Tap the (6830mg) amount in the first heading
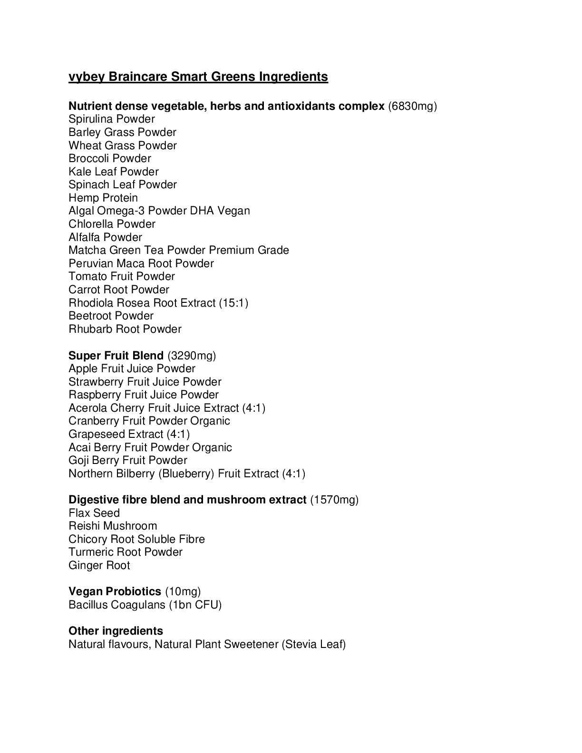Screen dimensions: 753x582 (412, 106)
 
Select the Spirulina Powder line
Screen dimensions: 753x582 (112, 119)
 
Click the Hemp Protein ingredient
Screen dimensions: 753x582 (103, 198)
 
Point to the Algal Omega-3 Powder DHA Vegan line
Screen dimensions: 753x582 (159, 211)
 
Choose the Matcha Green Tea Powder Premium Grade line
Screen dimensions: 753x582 (179, 251)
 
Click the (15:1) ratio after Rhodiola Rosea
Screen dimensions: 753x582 (233, 303)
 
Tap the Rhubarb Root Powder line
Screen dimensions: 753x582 (125, 329)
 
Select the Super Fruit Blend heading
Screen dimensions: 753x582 (116, 356)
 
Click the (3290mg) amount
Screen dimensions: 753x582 (192, 356)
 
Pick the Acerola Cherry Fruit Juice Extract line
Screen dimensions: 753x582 (167, 408)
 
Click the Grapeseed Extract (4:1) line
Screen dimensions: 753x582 (129, 434)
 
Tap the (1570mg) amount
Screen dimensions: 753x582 (334, 500)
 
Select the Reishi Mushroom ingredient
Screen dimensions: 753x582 (113, 526)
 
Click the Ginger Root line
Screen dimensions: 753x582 (99, 565)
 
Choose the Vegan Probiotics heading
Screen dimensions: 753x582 (115, 591)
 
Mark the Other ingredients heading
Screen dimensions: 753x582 (116, 631)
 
